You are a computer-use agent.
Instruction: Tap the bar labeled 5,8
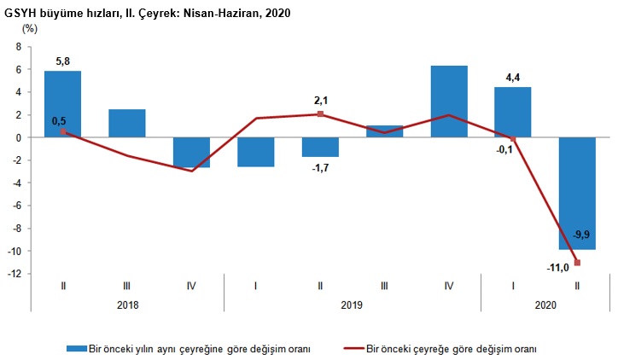coord(62,103)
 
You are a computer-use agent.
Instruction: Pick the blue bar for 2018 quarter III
coord(126,123)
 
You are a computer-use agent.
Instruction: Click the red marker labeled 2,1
coord(320,113)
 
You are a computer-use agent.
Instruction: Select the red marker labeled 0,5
coord(63,131)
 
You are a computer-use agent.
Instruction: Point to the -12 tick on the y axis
coord(15,274)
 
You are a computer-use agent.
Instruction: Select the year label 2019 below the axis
coord(353,303)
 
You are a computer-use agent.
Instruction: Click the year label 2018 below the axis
coord(126,303)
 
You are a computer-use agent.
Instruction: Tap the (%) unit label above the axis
coord(29,28)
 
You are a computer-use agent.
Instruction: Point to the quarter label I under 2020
coord(513,285)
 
